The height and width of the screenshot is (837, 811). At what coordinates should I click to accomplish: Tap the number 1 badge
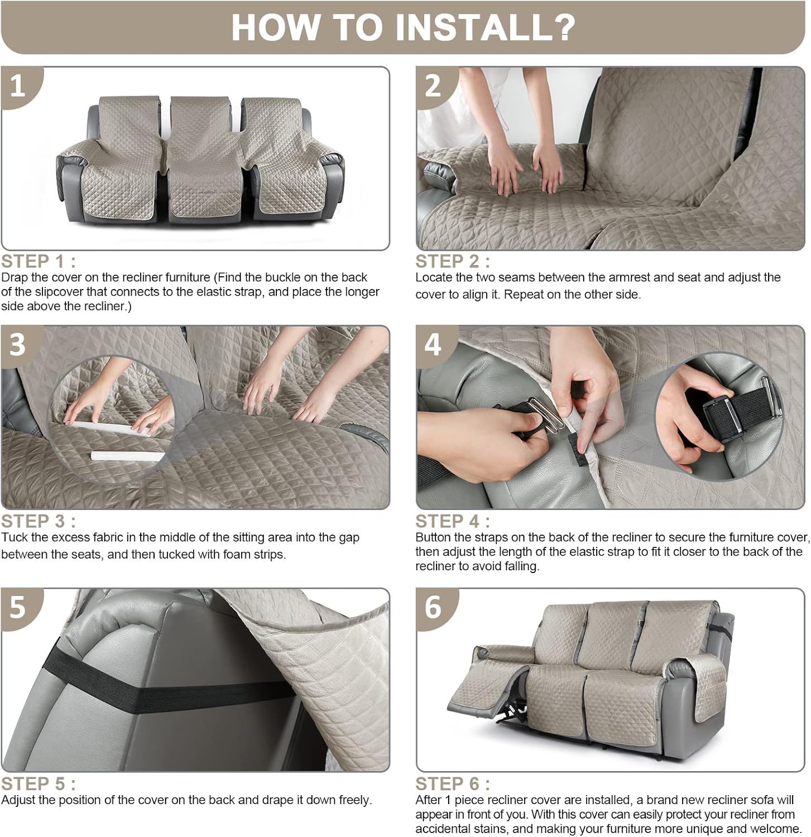tap(18, 86)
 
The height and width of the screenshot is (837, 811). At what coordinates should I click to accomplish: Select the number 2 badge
tap(433, 86)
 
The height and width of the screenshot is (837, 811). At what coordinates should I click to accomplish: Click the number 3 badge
tap(18, 344)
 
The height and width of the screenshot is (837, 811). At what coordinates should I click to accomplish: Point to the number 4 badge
tap(433, 344)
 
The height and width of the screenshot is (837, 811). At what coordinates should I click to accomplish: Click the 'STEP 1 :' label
tap(38, 261)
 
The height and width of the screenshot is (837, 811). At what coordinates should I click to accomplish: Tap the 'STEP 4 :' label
tap(452, 521)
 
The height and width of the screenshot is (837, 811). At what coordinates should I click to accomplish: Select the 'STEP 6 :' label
tap(452, 783)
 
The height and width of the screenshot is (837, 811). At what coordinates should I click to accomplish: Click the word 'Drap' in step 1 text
tap(13, 277)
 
